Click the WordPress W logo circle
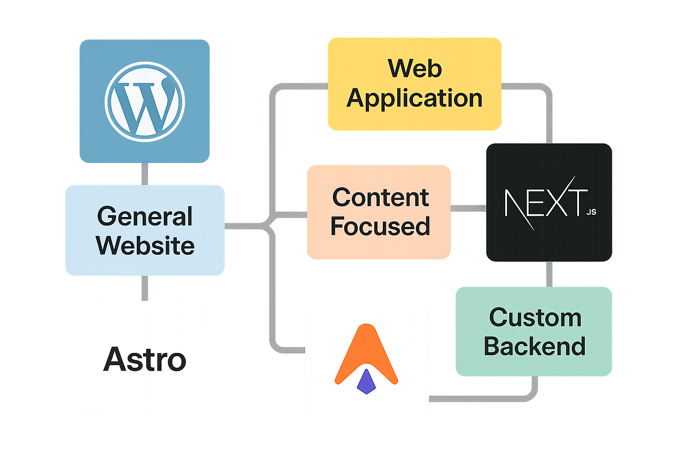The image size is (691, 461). tap(145, 102)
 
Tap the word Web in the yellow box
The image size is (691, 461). tap(415, 68)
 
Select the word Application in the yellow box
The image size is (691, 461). tap(414, 98)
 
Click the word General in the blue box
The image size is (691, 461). tap(145, 216)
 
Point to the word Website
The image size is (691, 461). tap(145, 246)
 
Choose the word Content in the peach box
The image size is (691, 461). tap(381, 197)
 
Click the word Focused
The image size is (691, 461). tap(380, 226)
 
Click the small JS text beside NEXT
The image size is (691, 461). tap(591, 212)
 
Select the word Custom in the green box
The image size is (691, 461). tap(535, 318)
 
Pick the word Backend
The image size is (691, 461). tap(534, 347)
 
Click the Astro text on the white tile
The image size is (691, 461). tap(145, 360)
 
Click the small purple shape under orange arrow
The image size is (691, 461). tap(366, 382)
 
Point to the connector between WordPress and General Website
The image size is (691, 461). tap(145, 174)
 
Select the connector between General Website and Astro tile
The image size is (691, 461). tap(145, 288)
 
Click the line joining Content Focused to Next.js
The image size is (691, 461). tap(468, 208)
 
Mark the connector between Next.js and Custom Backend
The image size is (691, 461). tap(549, 274)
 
